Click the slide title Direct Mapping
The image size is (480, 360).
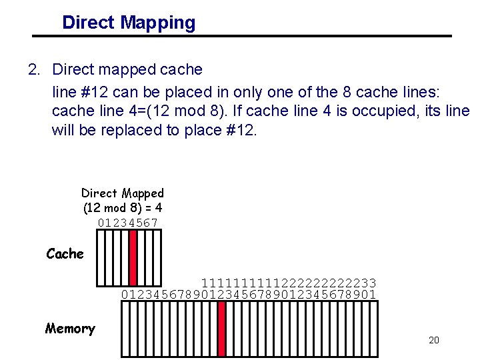pos(129,23)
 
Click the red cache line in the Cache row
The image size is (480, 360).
pos(133,257)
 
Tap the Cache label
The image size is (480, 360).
pos(65,254)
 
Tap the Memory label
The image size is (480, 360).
pos(70,329)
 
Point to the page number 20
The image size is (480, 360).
pos(433,341)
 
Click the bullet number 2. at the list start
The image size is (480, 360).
pos(35,69)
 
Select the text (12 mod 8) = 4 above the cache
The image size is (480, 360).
pos(123,208)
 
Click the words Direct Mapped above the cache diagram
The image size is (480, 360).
pos(123,193)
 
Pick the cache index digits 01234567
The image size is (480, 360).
pos(128,223)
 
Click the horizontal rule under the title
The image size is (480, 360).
pos(243,36)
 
